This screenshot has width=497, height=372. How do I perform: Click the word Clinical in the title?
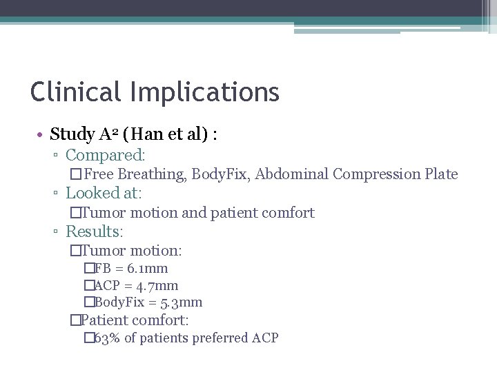[x=72, y=92]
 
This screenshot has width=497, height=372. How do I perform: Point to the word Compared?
[x=106, y=156]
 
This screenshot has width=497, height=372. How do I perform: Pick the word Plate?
[x=441, y=174]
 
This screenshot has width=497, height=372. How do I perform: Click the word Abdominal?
[x=291, y=174]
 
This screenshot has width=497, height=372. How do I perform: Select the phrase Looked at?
[x=103, y=194]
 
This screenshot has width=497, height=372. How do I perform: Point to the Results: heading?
[x=95, y=232]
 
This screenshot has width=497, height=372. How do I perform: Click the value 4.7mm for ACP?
[x=157, y=286]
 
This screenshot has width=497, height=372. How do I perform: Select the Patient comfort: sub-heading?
[x=135, y=320]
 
